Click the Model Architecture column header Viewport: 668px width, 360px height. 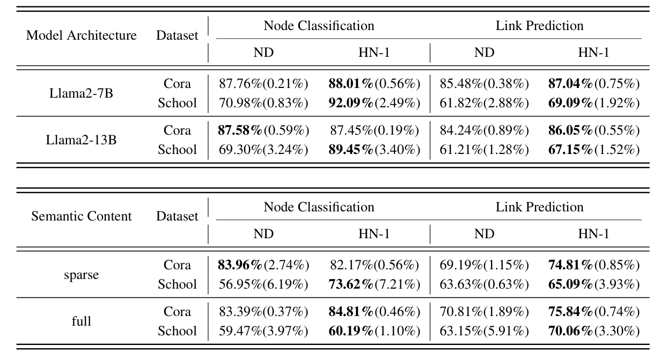(x=82, y=36)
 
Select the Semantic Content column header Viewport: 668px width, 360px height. (x=82, y=217)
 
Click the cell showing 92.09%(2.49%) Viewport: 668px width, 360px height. (x=374, y=103)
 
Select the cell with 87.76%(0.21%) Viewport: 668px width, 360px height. (x=263, y=84)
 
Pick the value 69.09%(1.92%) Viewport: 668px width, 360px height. (x=593, y=103)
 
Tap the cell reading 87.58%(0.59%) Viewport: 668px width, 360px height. (x=263, y=130)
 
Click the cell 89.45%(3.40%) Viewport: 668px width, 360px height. (x=374, y=150)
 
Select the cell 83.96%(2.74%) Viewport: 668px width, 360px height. (x=263, y=265)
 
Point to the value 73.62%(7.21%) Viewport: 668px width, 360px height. (x=374, y=284)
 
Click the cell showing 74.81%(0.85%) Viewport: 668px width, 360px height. (x=593, y=265)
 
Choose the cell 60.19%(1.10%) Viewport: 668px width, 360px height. (x=374, y=331)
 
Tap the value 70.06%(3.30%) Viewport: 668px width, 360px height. (x=593, y=331)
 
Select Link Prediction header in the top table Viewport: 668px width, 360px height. (x=539, y=26)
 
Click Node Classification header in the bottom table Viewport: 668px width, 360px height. (x=319, y=207)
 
